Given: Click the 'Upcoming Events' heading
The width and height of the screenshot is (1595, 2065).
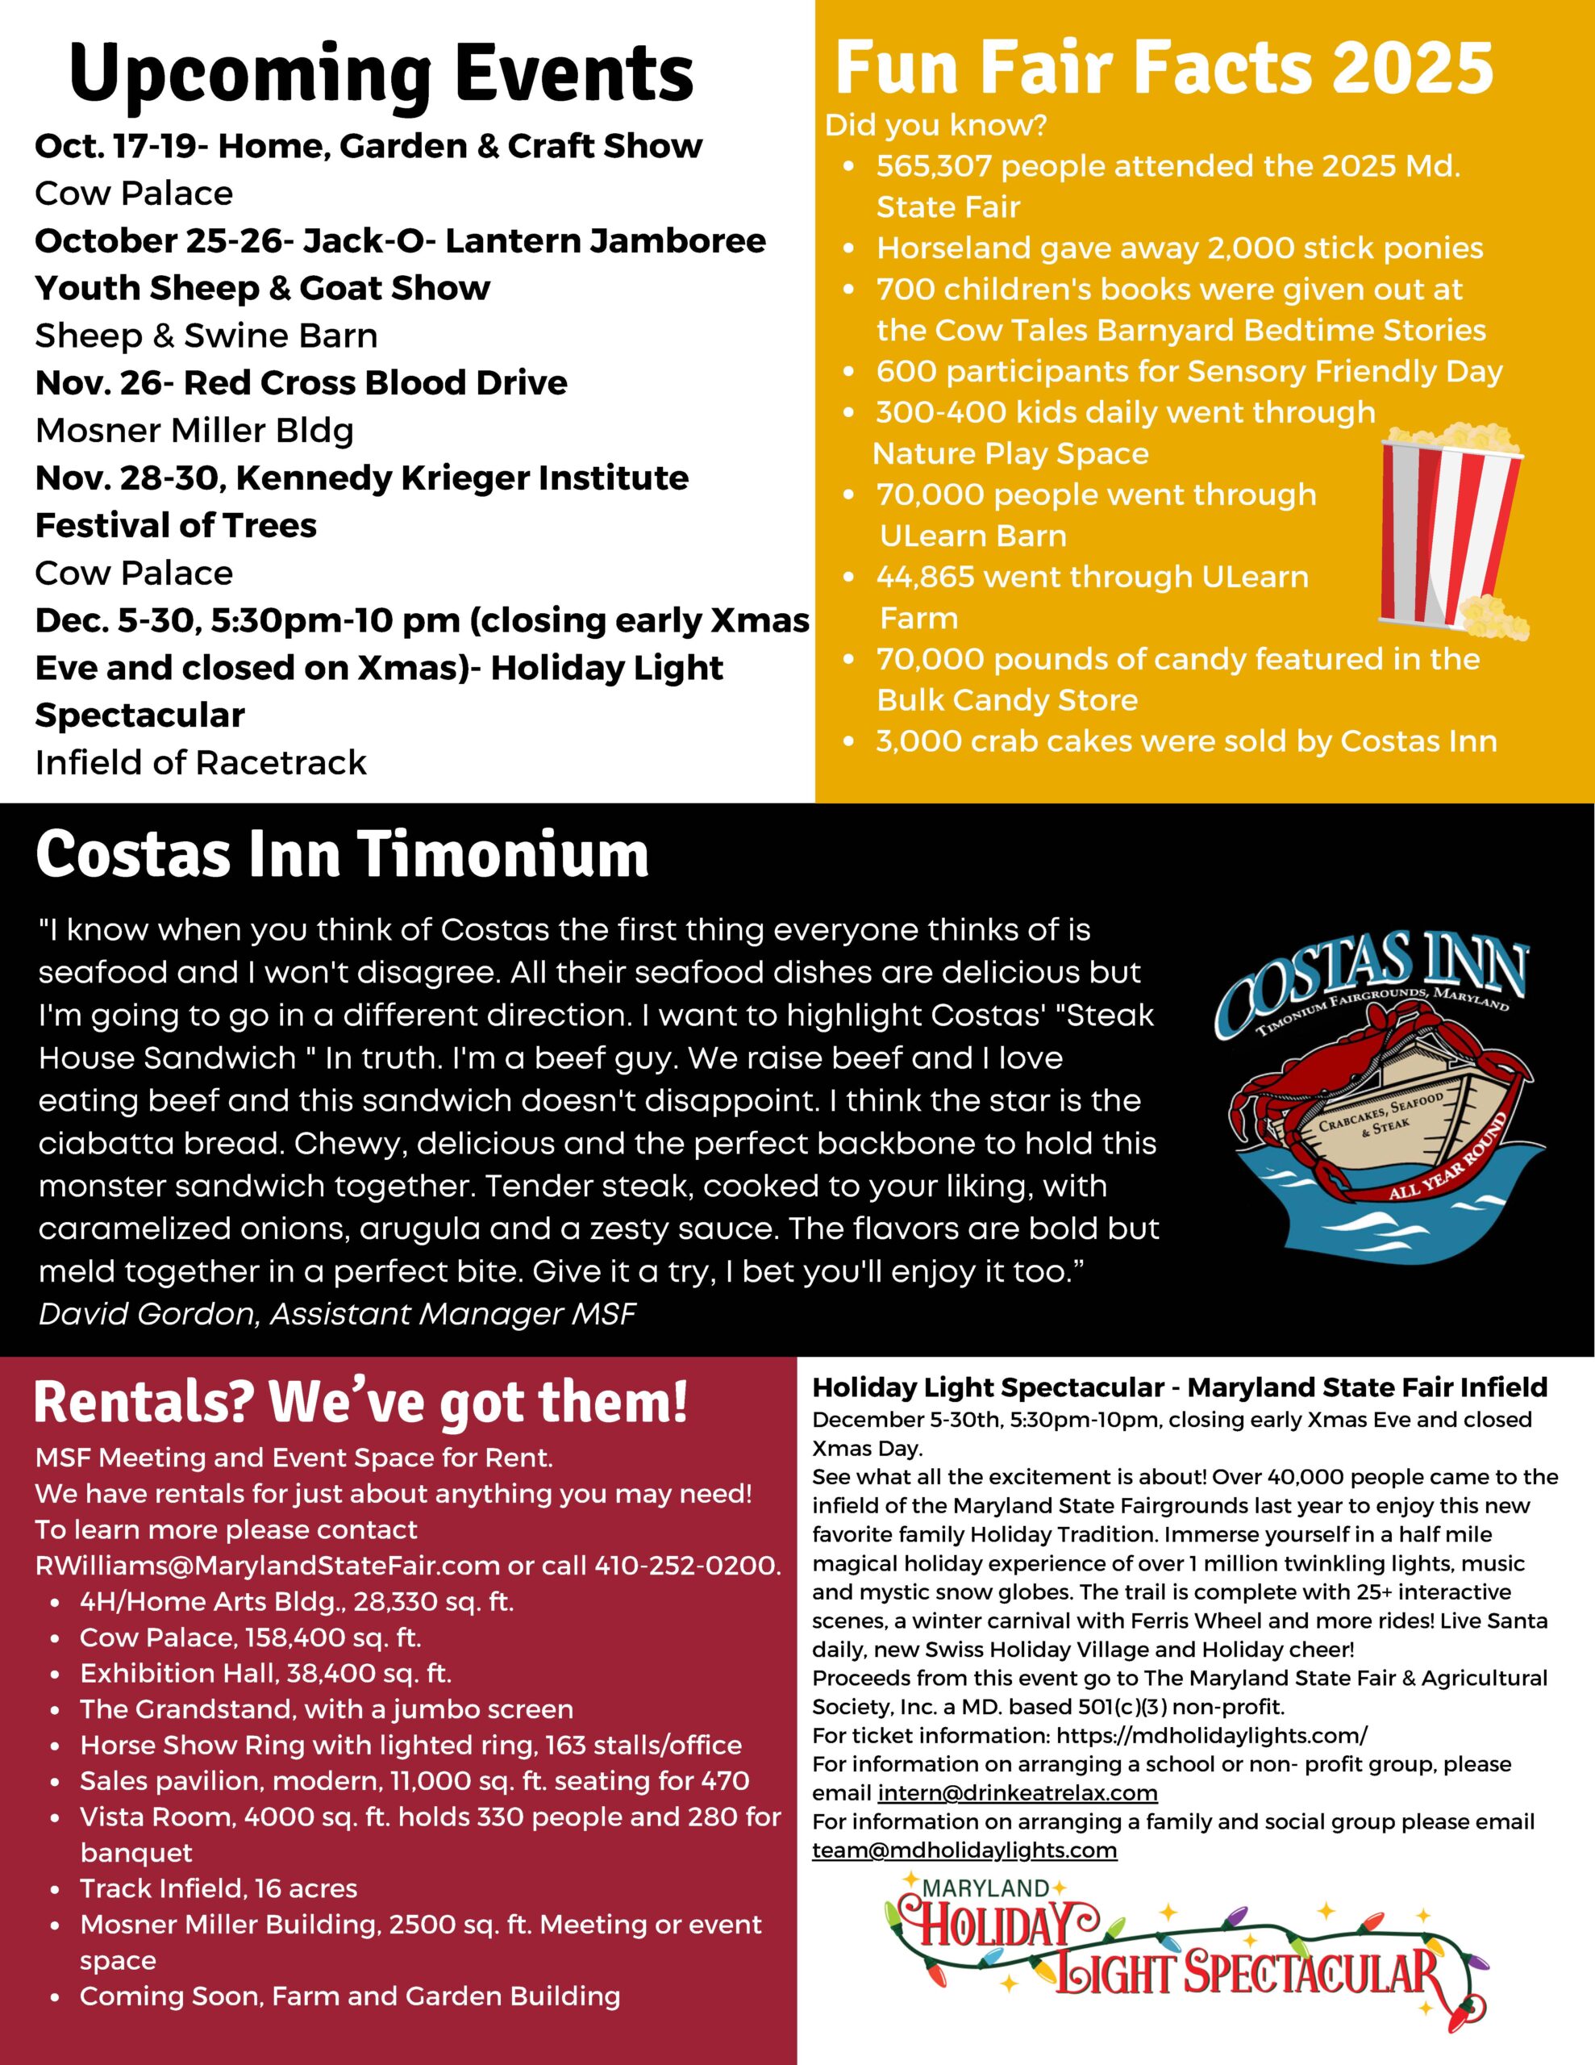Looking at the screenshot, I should point(382,76).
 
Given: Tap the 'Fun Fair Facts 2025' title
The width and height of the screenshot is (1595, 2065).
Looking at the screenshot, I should point(1163,68).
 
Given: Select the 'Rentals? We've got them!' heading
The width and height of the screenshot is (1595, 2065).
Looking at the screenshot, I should point(361,1402).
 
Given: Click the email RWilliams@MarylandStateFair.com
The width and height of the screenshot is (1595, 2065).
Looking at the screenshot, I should point(268,1565).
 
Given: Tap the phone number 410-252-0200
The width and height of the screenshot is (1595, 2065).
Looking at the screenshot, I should point(687,1565).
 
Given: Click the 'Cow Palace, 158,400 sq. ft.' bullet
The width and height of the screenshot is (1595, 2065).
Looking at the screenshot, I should point(251,1637).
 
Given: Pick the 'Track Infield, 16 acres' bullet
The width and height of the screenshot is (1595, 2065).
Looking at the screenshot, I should point(219,1888).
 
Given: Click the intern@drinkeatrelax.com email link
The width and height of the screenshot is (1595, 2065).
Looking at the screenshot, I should point(1018,1792).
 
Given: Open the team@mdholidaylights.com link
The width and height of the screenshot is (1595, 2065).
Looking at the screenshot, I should point(964,1850).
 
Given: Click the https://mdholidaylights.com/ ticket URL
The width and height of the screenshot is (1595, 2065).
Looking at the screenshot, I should point(1211,1736).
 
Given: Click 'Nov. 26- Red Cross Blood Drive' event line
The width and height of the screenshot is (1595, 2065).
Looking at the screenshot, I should point(302,383).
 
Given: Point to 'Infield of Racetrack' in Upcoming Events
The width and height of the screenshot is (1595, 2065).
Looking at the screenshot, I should point(201,762).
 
